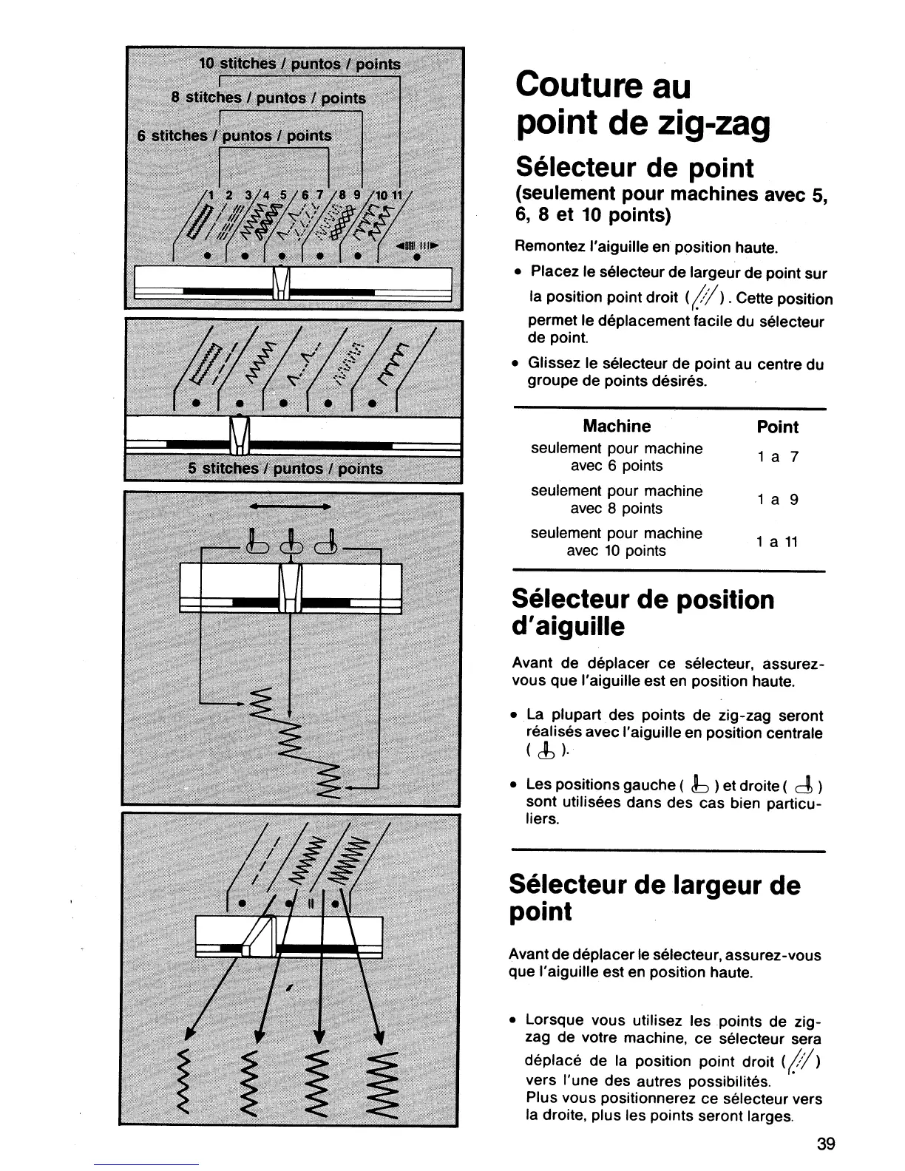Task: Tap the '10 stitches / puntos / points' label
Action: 300,64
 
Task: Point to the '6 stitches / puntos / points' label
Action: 235,136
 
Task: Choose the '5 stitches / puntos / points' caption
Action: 285,469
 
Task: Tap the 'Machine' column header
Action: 617,427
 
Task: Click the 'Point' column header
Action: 778,427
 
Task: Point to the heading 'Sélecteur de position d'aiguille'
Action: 642,613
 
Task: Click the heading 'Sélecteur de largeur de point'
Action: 654,898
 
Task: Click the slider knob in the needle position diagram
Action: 290,588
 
